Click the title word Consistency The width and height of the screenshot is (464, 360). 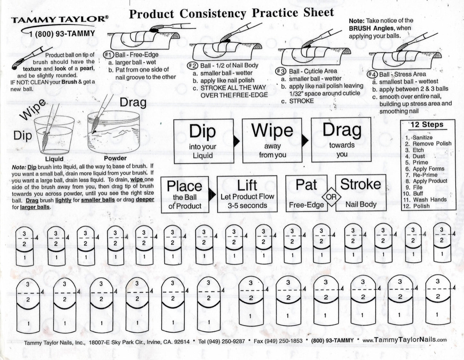tap(213, 14)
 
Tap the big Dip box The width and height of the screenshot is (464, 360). tap(203, 141)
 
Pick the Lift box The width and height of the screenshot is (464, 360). tap(247, 194)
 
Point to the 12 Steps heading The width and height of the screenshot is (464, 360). tap(427, 125)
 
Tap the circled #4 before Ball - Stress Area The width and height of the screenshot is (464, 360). tap(372, 74)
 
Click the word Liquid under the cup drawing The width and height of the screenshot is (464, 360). tap(54, 159)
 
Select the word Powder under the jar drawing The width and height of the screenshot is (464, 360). tap(115, 158)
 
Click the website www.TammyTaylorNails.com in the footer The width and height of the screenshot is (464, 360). tap(404, 340)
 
